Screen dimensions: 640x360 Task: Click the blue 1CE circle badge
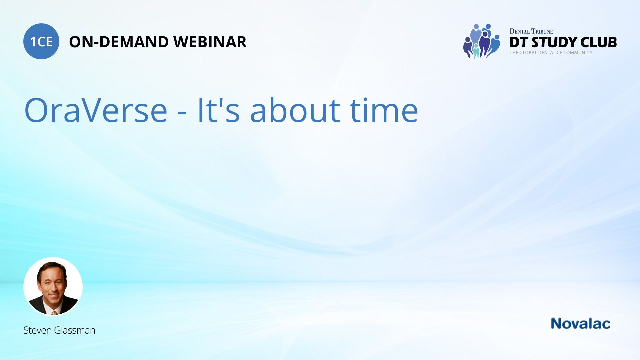pyautogui.click(x=41, y=41)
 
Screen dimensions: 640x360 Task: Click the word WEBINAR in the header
pyautogui.click(x=210, y=42)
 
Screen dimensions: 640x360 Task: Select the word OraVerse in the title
pyautogui.click(x=96, y=110)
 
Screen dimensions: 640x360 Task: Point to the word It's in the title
pyautogui.click(x=219, y=110)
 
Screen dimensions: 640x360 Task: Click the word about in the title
pyautogui.click(x=295, y=110)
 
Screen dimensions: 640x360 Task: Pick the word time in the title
pyautogui.click(x=384, y=110)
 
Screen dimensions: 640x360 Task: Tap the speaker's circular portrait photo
pyautogui.click(x=53, y=286)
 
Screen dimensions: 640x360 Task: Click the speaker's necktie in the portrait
pyautogui.click(x=54, y=313)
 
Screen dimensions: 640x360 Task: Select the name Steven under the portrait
pyautogui.click(x=38, y=330)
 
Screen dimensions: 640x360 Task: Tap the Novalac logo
pyautogui.click(x=580, y=324)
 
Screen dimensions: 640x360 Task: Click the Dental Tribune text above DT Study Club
pyautogui.click(x=531, y=31)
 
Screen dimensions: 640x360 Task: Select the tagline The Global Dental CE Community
pyautogui.click(x=551, y=53)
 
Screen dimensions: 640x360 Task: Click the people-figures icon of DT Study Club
pyautogui.click(x=482, y=41)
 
